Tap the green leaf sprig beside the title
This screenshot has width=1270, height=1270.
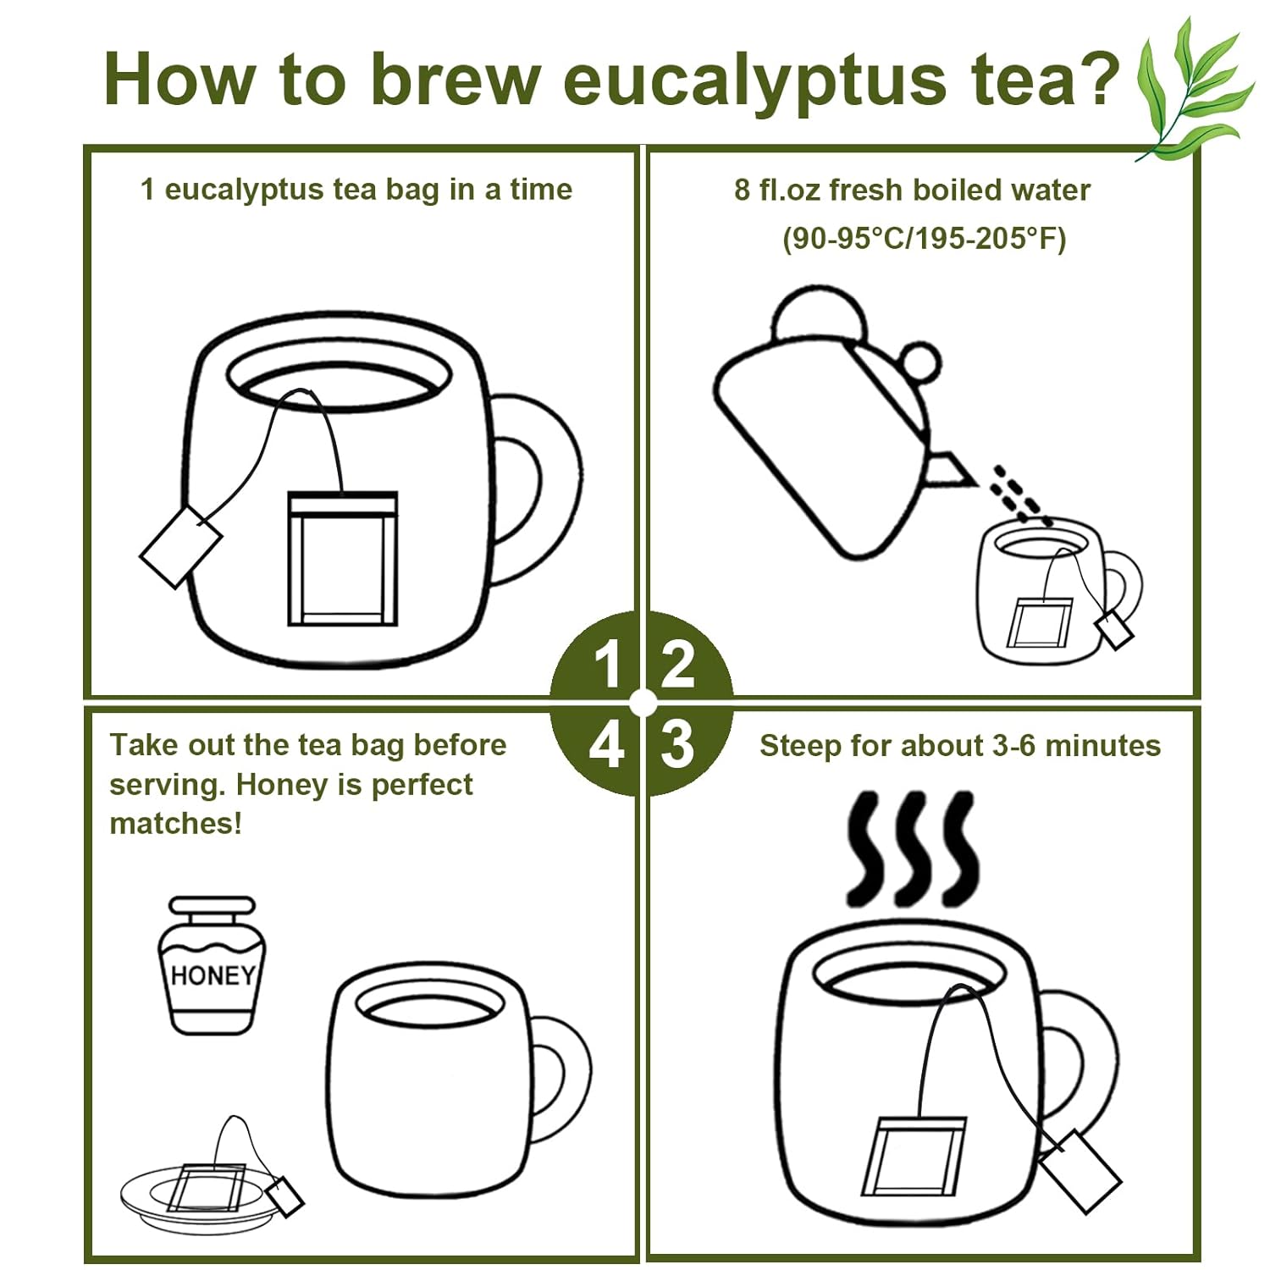click(x=1194, y=89)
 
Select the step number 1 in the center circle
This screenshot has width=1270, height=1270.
click(x=608, y=664)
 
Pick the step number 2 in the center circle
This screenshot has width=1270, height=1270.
click(x=677, y=664)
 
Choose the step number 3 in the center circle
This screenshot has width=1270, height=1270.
click(x=677, y=744)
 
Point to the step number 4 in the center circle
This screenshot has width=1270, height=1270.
click(x=606, y=745)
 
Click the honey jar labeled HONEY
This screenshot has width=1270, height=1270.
click(x=211, y=965)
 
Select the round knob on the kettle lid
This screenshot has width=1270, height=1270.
click(x=919, y=363)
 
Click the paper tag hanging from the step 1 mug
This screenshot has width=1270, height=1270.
click(x=180, y=546)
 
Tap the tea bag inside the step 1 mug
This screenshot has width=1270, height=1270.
click(x=342, y=559)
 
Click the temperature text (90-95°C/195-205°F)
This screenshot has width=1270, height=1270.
click(x=924, y=239)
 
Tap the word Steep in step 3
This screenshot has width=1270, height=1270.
click(x=800, y=747)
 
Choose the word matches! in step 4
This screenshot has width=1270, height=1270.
click(x=176, y=823)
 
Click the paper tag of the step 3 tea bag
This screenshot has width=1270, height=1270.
click(x=1079, y=1171)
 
